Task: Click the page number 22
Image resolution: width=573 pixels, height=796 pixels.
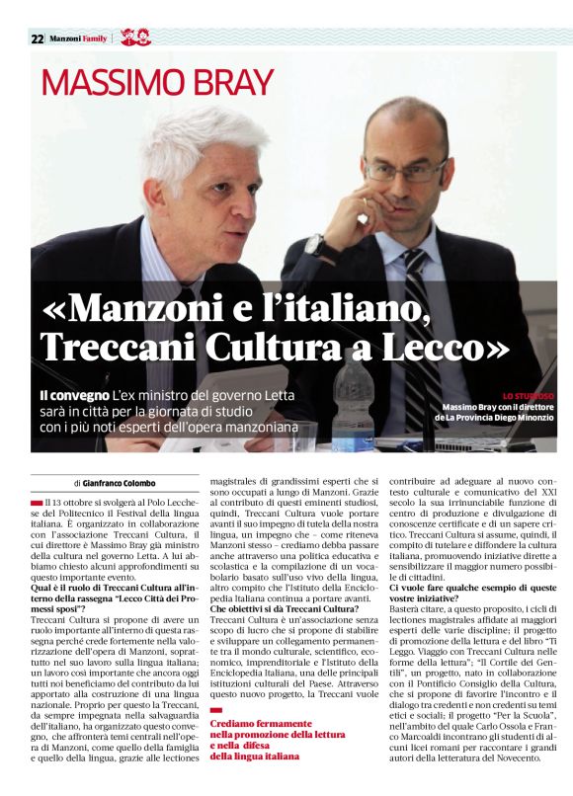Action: [37, 40]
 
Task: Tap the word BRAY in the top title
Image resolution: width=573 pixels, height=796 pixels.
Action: [215, 85]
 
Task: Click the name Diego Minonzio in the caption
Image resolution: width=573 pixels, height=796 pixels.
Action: [523, 418]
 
